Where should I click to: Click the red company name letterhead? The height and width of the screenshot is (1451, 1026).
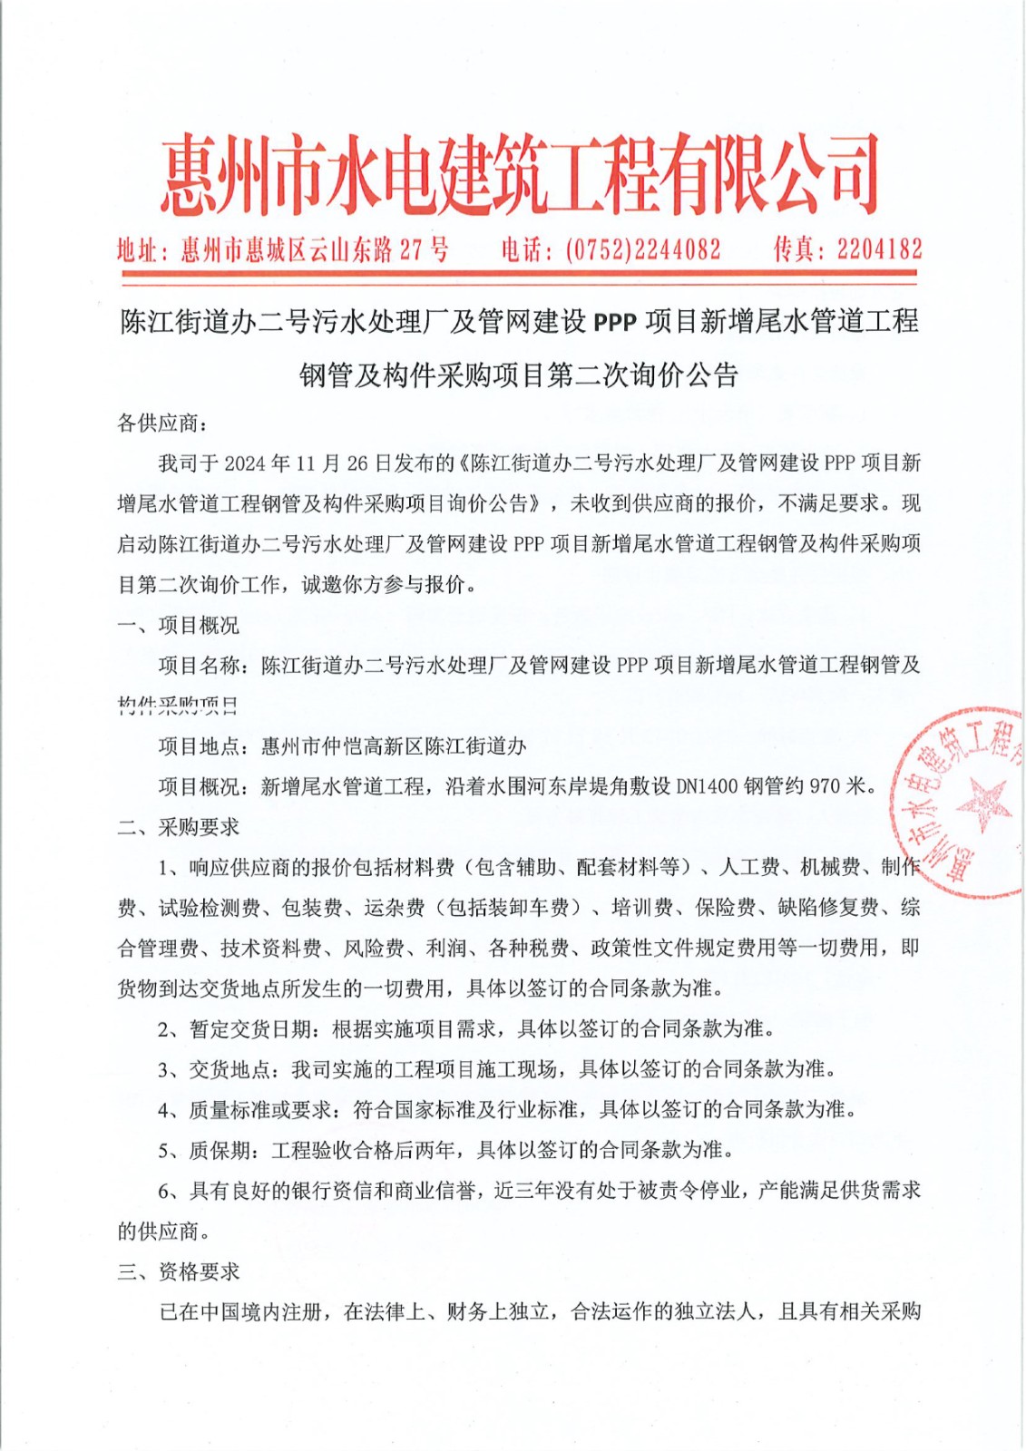(x=519, y=175)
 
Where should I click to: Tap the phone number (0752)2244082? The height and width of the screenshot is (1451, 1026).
(x=642, y=249)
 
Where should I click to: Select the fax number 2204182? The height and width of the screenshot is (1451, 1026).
(x=879, y=249)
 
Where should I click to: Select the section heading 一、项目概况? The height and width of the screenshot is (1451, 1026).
(x=178, y=626)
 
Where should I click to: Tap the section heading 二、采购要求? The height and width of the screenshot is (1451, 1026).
(x=178, y=827)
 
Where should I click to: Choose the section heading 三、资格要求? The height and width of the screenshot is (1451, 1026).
(x=178, y=1272)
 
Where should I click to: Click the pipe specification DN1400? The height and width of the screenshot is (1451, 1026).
(x=708, y=787)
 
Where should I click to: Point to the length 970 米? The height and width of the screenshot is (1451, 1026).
(x=838, y=787)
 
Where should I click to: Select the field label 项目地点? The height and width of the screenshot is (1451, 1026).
(x=199, y=746)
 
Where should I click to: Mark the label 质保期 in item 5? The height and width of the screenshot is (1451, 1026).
(x=219, y=1151)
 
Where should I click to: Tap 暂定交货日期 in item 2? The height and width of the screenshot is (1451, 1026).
(x=249, y=1029)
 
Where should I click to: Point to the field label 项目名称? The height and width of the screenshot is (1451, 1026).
(x=199, y=666)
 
